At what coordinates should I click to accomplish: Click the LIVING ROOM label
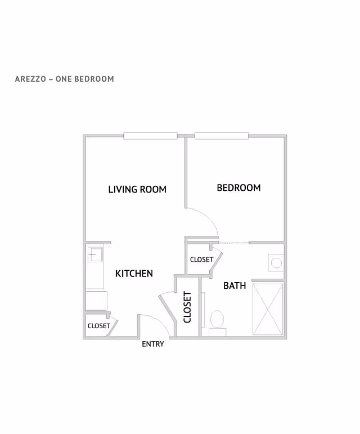[137, 189]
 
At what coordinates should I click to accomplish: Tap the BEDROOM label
[238, 187]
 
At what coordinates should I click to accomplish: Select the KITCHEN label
[134, 274]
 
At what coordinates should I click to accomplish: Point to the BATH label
[235, 285]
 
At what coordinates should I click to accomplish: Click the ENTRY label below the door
[153, 344]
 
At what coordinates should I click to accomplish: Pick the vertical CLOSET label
[187, 307]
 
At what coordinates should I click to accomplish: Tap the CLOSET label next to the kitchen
[98, 326]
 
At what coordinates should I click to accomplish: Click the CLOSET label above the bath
[201, 259]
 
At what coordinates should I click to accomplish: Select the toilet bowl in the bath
[217, 319]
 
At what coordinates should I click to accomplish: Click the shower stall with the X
[268, 309]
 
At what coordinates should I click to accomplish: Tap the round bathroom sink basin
[276, 263]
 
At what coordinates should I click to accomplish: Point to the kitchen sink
[95, 254]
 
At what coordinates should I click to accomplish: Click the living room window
[150, 136]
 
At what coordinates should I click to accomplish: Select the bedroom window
[222, 136]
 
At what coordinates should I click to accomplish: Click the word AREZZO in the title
[30, 79]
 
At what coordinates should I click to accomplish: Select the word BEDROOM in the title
[94, 79]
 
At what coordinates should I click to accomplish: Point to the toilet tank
[217, 332]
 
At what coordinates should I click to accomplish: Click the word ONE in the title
[64, 79]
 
